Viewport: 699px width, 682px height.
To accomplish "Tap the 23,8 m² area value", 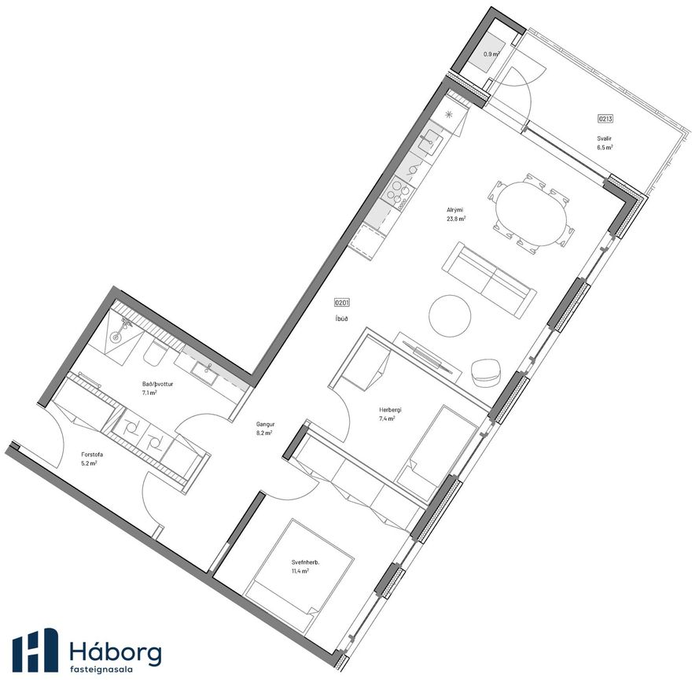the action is pyautogui.click(x=456, y=219).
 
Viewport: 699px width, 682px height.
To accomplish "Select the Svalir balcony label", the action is pyautogui.click(x=605, y=138).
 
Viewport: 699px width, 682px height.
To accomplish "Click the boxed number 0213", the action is pyautogui.click(x=605, y=119).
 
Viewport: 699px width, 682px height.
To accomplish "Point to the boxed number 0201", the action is pyautogui.click(x=342, y=303).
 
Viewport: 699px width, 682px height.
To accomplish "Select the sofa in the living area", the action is pyautogui.click(x=489, y=280).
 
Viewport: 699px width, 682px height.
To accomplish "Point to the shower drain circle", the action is pyautogui.click(x=116, y=337).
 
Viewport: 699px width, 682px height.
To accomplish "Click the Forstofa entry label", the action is pyautogui.click(x=92, y=455).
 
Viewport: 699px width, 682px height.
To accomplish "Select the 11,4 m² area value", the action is pyautogui.click(x=300, y=571).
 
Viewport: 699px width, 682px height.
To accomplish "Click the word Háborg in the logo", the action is pyautogui.click(x=116, y=652).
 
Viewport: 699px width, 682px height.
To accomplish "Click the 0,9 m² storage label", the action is pyautogui.click(x=491, y=54).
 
